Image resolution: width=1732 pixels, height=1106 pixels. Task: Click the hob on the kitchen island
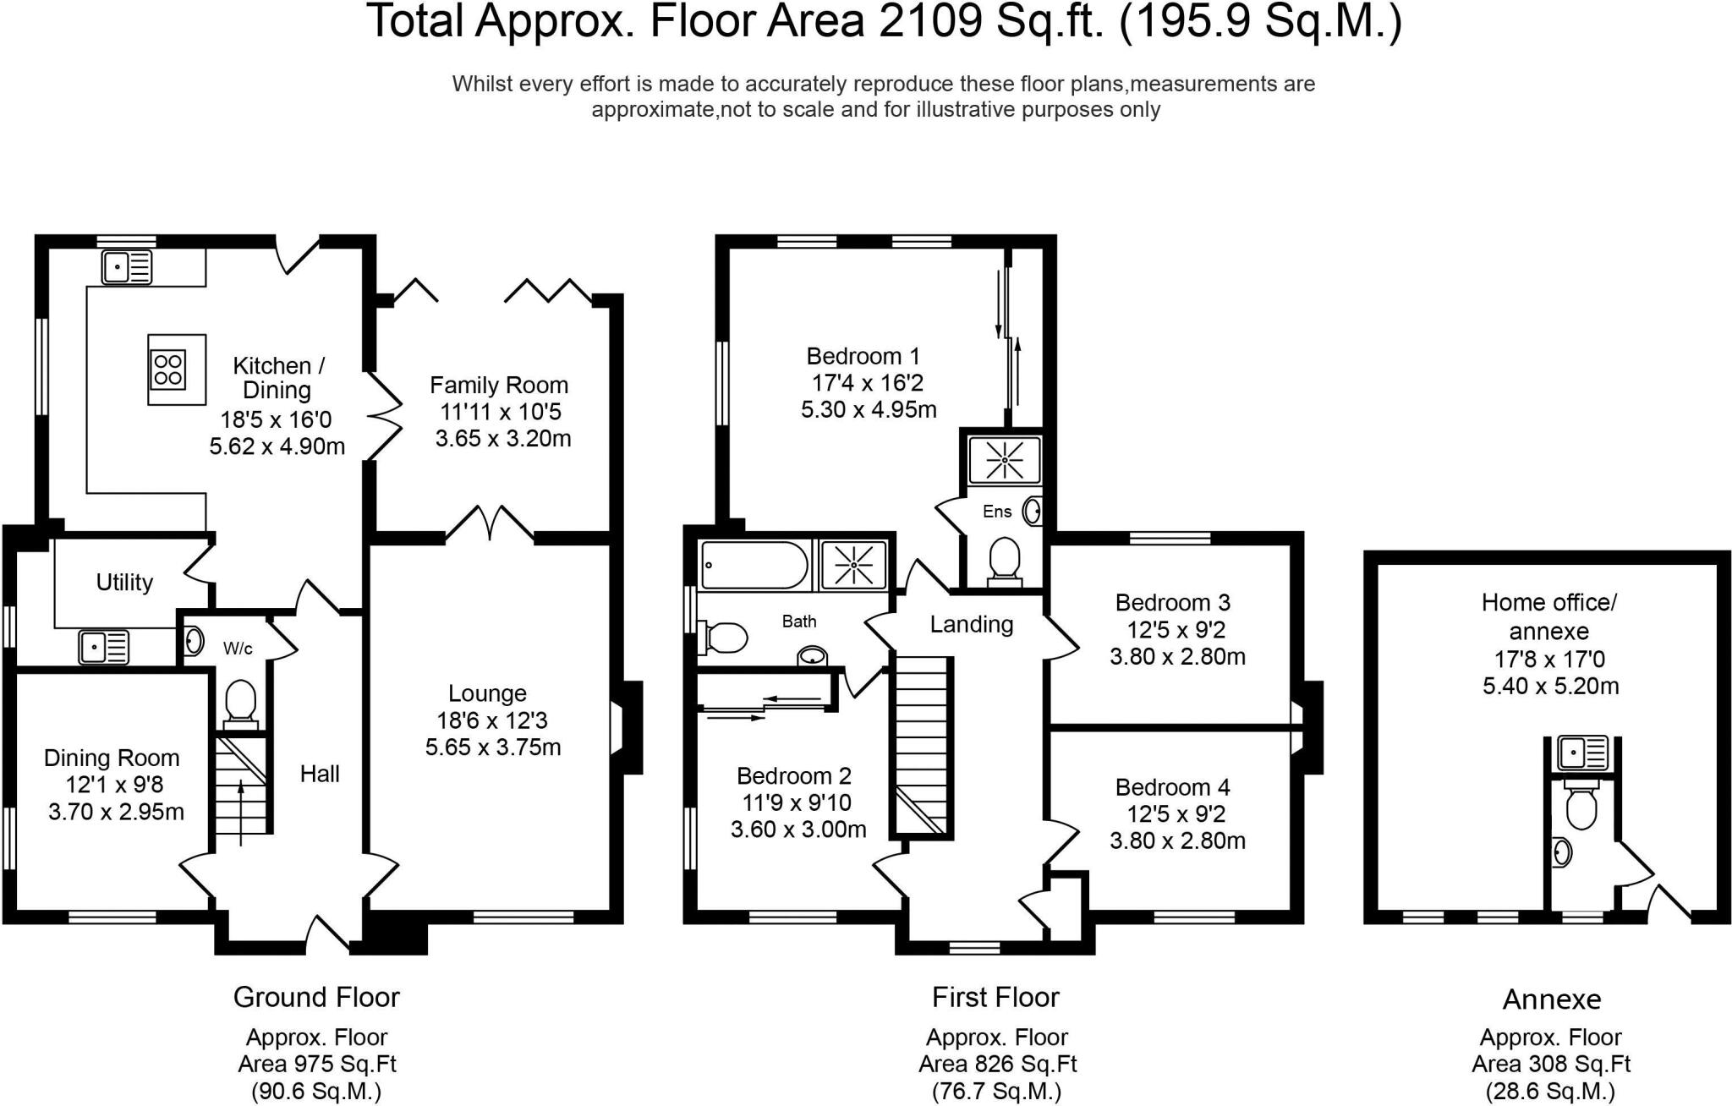[x=168, y=370]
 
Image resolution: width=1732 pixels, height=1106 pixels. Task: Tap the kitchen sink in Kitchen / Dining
[x=127, y=267]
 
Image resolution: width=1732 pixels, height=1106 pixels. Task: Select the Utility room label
[x=124, y=582]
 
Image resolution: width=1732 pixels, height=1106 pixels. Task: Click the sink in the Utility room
[x=104, y=648]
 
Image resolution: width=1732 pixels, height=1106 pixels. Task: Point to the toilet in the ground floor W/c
[x=240, y=705]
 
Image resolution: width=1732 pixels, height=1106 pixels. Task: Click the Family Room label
[x=499, y=386]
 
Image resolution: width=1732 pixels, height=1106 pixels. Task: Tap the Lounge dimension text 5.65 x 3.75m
[x=493, y=747]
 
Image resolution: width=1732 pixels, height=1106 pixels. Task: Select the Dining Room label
[x=112, y=758]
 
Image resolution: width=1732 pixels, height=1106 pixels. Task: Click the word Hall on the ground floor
[x=320, y=774]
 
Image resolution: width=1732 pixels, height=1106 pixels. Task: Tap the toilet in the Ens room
[x=1005, y=561]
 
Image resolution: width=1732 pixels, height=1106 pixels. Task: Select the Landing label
[x=972, y=625]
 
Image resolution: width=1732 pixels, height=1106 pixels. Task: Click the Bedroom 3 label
[x=1172, y=603]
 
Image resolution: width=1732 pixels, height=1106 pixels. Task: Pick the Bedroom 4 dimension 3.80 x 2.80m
[x=1177, y=841]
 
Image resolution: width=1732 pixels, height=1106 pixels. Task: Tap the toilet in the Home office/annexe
[x=1581, y=804]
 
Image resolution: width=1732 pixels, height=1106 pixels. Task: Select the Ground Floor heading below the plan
[x=316, y=998]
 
